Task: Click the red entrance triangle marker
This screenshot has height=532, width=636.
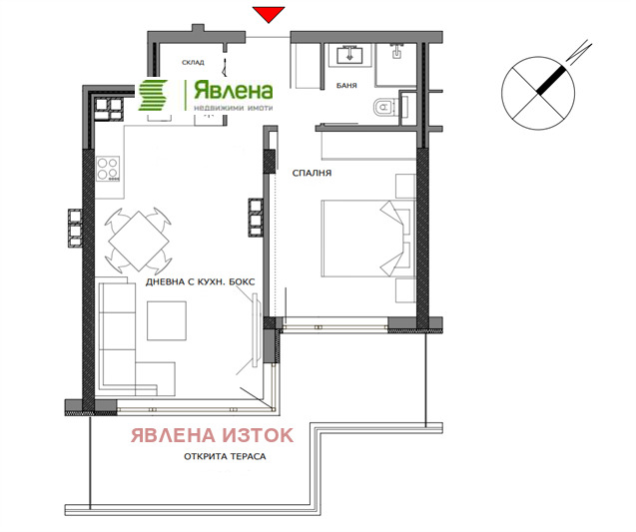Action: [x=268, y=14]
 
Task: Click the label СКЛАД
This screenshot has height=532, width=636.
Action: [x=194, y=62]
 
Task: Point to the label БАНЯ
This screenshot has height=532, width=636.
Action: [x=348, y=85]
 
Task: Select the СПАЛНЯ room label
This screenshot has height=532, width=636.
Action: [x=312, y=173]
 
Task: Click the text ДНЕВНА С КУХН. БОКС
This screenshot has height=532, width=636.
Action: [x=201, y=282]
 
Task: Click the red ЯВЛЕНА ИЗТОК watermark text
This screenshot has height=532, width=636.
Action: [x=214, y=435]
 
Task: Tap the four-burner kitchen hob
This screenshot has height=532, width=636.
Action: [x=108, y=172]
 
